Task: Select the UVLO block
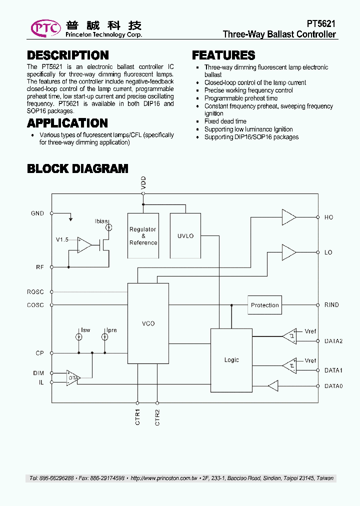185,235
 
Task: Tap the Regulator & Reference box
143,235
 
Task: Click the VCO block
148,323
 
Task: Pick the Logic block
231,360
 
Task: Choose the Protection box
264,305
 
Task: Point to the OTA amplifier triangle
73,378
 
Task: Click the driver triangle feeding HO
288,217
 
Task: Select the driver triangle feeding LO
288,252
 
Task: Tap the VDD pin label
143,182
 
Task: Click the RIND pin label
331,305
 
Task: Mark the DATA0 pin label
333,386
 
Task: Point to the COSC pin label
35,305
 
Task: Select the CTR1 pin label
137,417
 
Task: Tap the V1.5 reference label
62,240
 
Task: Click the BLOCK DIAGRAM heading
77,169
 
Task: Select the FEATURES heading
223,55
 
